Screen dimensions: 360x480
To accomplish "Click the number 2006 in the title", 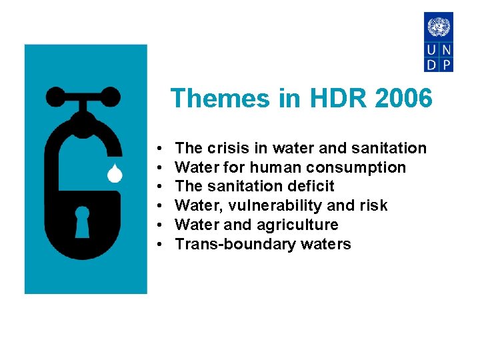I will (403, 99).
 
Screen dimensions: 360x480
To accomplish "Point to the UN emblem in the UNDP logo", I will (439, 27).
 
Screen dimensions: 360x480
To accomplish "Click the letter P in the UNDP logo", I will (446, 64).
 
